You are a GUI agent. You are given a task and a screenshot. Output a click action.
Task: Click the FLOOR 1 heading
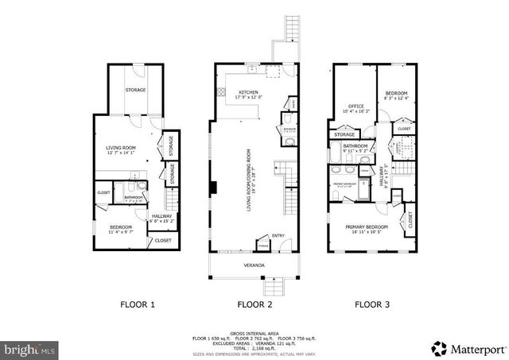click(x=137, y=304)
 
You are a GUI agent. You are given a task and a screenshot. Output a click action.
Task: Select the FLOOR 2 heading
click(x=254, y=304)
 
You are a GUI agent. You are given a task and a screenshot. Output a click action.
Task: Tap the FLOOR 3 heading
click(x=371, y=304)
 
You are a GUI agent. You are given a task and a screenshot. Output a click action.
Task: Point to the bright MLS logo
click(x=29, y=349)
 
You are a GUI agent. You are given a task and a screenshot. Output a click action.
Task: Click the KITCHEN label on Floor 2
click(x=249, y=92)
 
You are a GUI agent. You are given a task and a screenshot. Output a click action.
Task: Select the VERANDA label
click(x=254, y=265)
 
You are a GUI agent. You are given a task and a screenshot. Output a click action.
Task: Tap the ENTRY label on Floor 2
click(x=278, y=235)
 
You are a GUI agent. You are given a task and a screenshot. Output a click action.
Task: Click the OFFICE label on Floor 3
click(x=355, y=106)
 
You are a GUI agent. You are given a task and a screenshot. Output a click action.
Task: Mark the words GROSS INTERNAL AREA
click(x=254, y=333)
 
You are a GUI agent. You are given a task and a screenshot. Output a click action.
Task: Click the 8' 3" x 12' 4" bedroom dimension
click(x=397, y=99)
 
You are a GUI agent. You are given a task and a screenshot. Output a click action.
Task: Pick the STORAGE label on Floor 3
click(x=344, y=135)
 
